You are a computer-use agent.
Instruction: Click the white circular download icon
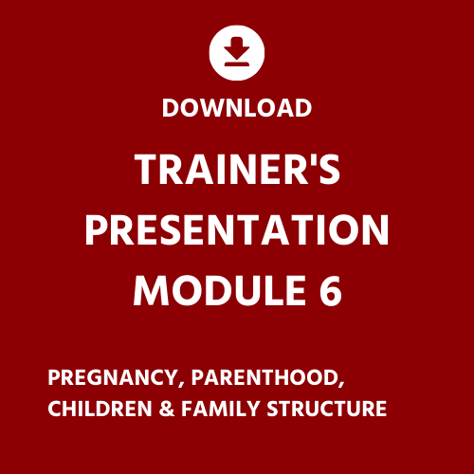tap(237, 53)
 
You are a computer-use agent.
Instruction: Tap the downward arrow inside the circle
tap(237, 47)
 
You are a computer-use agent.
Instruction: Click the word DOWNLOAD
tap(237, 108)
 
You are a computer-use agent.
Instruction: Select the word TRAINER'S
tap(237, 172)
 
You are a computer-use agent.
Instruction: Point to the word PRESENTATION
tap(237, 231)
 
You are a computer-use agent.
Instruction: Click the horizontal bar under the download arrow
tap(237, 64)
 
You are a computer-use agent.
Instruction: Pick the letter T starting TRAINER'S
tap(148, 172)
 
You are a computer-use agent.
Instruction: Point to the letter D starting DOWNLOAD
tap(170, 108)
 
